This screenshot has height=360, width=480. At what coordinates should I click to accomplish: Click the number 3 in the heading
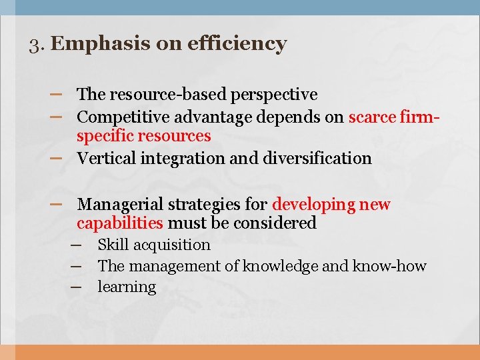(35, 45)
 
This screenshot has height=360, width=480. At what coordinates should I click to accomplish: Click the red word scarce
(373, 117)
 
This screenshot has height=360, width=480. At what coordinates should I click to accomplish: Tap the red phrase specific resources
(143, 137)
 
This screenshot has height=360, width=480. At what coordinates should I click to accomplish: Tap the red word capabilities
(119, 223)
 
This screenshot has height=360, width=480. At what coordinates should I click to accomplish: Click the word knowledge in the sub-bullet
(280, 267)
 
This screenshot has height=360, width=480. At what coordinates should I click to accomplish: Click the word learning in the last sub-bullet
(127, 287)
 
